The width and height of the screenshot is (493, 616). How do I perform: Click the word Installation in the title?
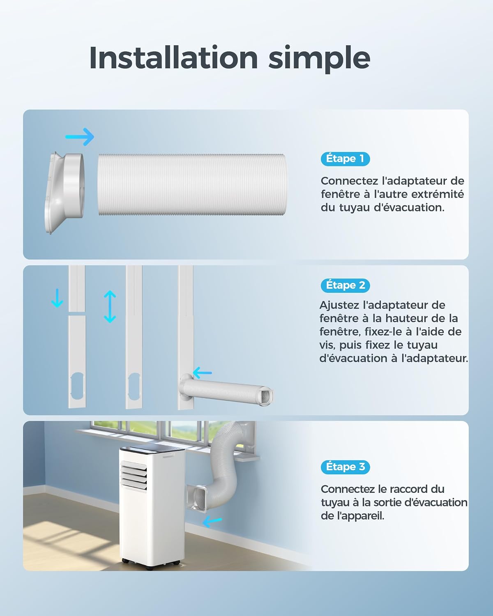coord(174,57)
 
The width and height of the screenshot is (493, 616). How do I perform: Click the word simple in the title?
coord(319,60)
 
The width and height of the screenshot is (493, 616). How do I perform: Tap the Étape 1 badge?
coord(345,159)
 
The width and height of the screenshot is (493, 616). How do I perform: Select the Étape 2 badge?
coord(345,285)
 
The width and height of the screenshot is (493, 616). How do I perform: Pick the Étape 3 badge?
coord(345,467)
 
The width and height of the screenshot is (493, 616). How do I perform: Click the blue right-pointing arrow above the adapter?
coord(80,137)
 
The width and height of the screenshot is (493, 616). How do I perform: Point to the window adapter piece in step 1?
coord(65,193)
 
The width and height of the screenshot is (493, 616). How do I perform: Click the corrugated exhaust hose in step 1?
coord(192,185)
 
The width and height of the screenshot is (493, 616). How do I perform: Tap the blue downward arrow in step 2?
coord(57,298)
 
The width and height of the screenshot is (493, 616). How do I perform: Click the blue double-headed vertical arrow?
coord(110,307)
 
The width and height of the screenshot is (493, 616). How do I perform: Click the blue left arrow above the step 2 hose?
coord(203,373)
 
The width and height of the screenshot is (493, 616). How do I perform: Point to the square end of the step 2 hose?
coord(266,395)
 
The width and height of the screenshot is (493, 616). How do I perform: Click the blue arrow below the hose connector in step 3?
coord(212,522)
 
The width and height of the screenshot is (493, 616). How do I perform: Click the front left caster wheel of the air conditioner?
coord(125,561)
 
